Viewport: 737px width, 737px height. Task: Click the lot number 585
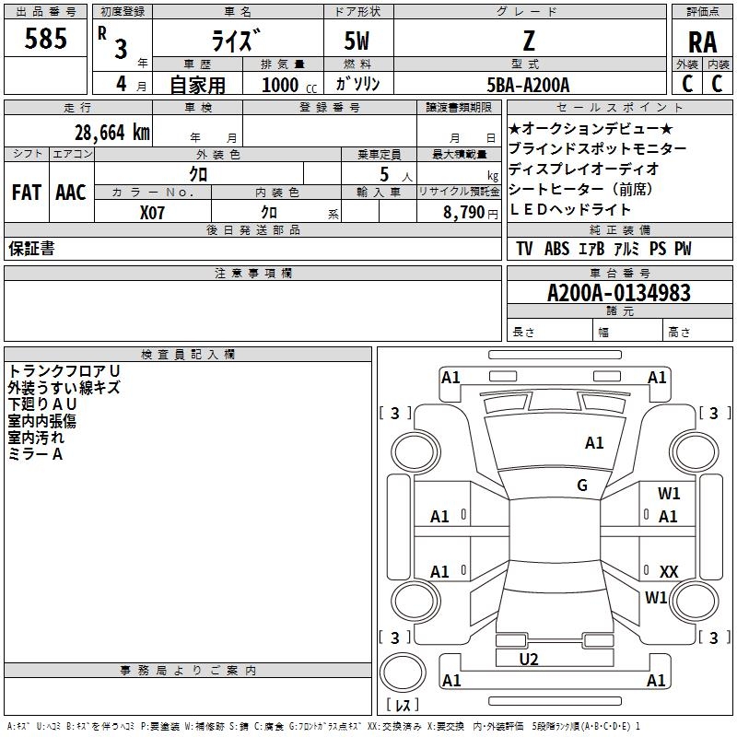[45, 38]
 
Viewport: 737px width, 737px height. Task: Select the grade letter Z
[529, 41]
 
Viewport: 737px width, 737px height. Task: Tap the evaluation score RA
[702, 42]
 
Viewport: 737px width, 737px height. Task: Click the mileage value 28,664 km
[112, 133]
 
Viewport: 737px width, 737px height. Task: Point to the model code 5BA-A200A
[528, 85]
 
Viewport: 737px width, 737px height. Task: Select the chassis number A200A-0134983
[619, 293]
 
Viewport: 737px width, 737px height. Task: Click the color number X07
[152, 213]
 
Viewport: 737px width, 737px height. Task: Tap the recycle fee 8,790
[463, 213]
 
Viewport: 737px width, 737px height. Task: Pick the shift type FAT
[27, 193]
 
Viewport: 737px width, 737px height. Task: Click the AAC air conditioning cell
[71, 193]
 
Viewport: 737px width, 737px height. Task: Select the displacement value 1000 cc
[289, 85]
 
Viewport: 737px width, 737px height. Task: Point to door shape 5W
[357, 41]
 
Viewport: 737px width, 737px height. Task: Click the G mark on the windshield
[582, 485]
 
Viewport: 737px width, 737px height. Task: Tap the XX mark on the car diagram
[669, 571]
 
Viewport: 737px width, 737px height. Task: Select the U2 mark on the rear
[529, 659]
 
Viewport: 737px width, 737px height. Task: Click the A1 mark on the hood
[594, 442]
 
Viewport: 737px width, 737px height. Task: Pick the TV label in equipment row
[524, 249]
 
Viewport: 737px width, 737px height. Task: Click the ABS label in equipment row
[557, 249]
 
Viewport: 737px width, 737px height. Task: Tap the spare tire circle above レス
[403, 673]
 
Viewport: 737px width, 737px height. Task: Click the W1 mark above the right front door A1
[669, 493]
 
